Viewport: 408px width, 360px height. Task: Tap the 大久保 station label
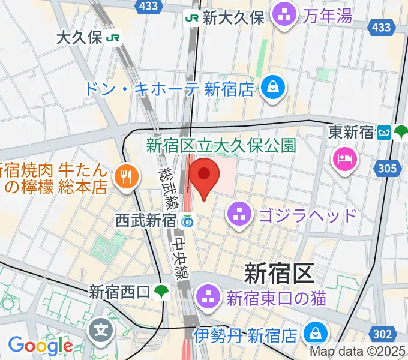(80, 38)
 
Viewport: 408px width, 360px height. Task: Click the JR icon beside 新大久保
(193, 18)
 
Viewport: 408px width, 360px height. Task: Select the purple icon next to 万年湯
(283, 16)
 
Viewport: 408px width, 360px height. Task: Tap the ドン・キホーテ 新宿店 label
(170, 89)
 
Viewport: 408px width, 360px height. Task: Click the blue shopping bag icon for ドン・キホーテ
(274, 88)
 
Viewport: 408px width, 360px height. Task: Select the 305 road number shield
(388, 169)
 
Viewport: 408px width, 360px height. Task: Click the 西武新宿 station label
(145, 221)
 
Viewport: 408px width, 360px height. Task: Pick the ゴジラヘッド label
(308, 214)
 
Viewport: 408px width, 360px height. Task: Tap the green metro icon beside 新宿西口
(160, 293)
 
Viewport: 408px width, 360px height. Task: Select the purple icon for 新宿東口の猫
(209, 296)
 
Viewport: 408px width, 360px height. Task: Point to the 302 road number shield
(386, 334)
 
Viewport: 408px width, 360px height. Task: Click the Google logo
(40, 346)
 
